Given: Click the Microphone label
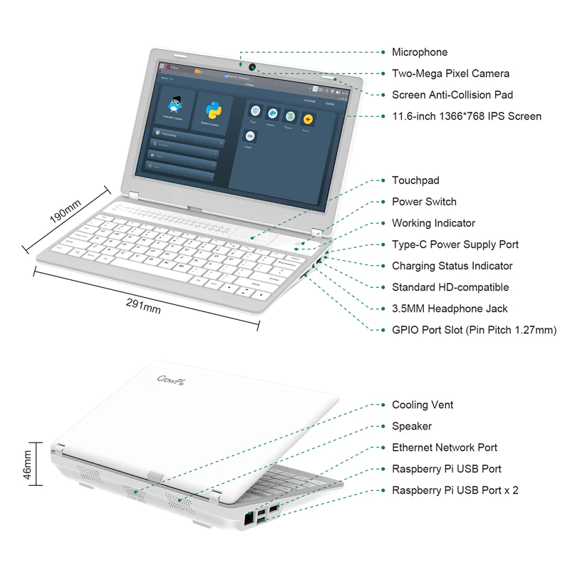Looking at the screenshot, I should [420, 52].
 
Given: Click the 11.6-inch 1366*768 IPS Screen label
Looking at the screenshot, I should [467, 116].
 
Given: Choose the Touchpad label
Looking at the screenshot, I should [415, 180].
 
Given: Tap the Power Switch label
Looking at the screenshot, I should [424, 202].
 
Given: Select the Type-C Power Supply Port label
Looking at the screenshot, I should [455, 244].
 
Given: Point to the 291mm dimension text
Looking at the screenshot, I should [143, 305].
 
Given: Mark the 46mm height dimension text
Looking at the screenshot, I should [28, 467].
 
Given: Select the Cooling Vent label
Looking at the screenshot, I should [423, 405].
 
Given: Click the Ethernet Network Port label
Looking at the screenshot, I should [445, 447].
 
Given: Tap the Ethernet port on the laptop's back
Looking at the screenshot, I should [249, 519].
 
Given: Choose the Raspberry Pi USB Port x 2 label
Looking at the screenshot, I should [455, 490].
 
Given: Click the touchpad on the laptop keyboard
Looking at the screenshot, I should [254, 239].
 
